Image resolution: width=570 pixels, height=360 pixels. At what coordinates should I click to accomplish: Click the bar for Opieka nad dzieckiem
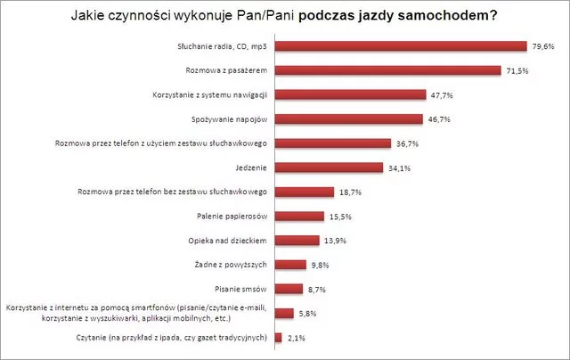297,240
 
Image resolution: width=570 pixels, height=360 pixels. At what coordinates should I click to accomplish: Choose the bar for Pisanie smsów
289,288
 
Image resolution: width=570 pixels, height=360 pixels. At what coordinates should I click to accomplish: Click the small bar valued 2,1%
279,337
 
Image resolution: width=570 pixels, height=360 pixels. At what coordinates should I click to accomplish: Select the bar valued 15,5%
299,216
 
